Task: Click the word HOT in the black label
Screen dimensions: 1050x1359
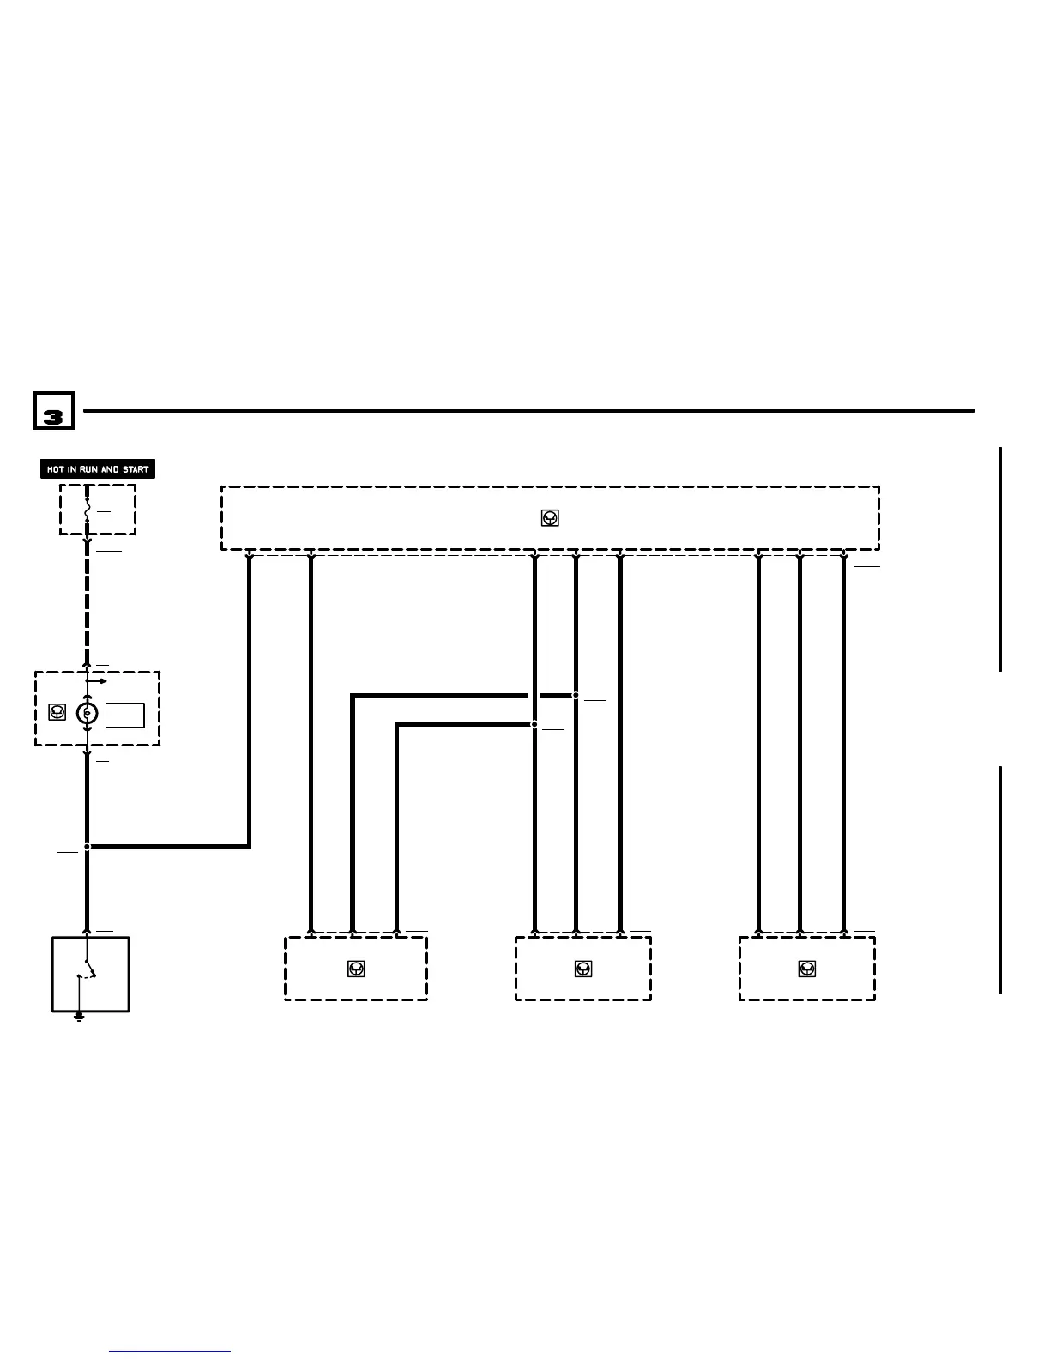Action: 55,470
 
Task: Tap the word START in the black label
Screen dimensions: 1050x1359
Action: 136,470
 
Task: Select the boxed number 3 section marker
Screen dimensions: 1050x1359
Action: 53,412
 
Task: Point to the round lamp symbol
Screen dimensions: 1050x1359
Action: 87,714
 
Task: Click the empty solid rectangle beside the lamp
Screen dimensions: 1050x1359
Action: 124,716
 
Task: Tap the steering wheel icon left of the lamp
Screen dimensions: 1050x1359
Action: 57,712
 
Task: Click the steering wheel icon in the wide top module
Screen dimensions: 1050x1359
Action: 550,518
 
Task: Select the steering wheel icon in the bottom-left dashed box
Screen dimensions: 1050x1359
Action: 356,969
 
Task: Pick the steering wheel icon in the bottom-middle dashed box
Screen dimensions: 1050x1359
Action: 583,969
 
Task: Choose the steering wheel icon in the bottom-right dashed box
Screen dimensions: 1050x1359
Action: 806,969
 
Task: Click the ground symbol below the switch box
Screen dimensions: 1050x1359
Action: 79,1018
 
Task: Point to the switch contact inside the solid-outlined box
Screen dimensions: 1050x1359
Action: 87,973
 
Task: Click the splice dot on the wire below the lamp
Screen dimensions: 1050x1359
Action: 87,847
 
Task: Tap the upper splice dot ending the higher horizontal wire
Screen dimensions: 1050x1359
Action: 576,695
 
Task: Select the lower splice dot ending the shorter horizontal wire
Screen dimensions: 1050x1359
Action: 534,725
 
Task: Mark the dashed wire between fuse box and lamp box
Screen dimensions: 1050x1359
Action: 87,601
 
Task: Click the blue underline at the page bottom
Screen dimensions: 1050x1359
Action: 170,1352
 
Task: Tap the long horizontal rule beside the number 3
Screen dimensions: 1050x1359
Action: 528,411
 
